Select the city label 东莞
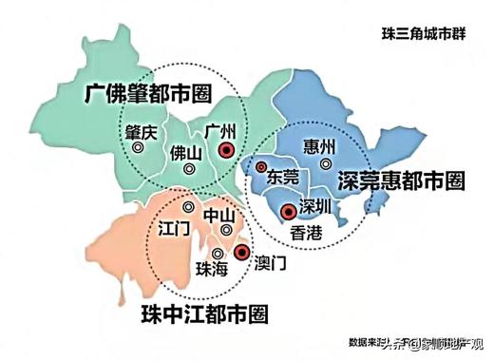point(282,177)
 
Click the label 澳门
point(273,262)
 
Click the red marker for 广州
point(225,150)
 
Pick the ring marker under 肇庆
point(139,148)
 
